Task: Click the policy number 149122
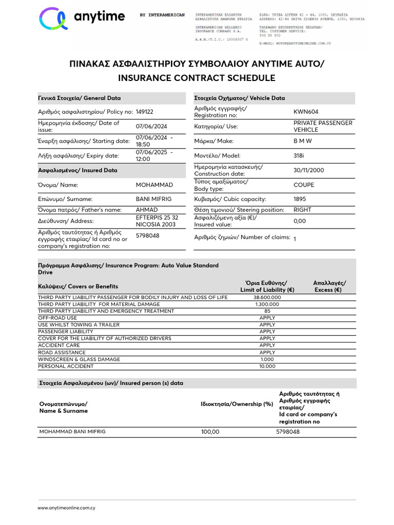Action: point(144,112)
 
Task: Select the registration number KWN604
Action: point(305,112)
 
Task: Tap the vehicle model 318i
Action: point(300,155)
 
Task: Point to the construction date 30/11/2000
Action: point(309,170)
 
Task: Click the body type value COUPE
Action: point(304,185)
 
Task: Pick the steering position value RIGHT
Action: point(303,210)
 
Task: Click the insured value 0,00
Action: point(300,221)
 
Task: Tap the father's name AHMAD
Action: point(147,210)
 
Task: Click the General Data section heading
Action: point(80,98)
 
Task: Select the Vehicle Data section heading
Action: point(240,98)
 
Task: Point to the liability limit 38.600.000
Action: point(267,297)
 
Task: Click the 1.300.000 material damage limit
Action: point(267,304)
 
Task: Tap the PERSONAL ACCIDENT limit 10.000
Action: point(267,367)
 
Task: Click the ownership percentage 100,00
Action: point(210,432)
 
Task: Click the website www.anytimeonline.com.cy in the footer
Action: point(67,508)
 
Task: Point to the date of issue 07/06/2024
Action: point(151,127)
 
